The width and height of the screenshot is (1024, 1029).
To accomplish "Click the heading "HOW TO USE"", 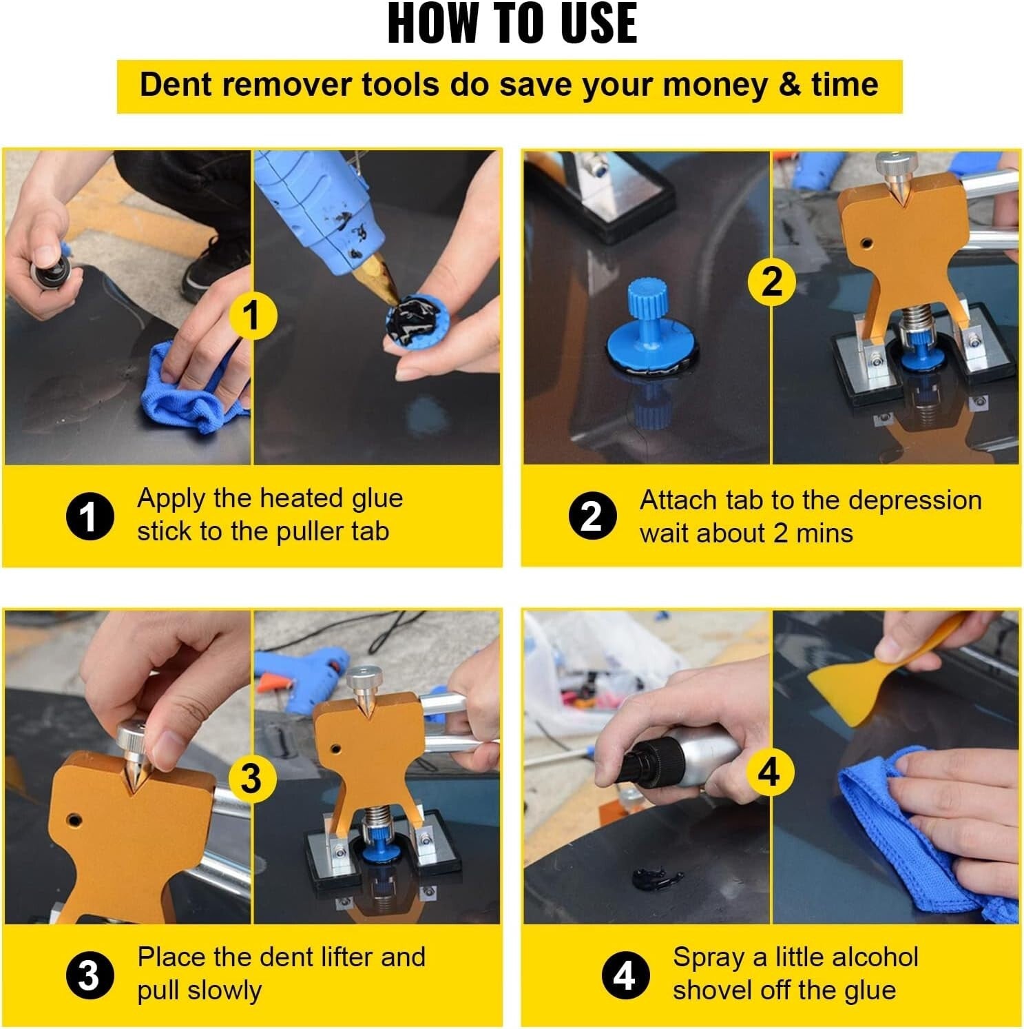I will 512,24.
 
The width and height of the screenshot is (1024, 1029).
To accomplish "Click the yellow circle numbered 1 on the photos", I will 252,315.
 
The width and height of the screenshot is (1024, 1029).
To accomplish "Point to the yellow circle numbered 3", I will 251,777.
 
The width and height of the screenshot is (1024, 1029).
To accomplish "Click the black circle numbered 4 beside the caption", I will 624,975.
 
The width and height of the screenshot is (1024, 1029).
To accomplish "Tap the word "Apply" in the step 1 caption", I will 171,498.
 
